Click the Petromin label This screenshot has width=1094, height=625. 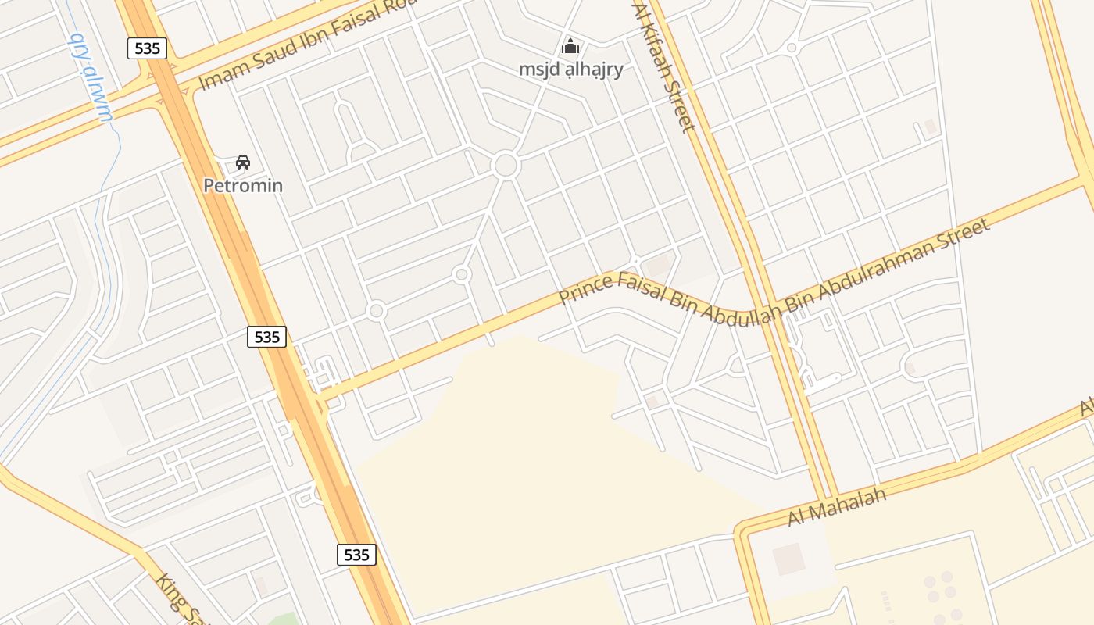click(243, 186)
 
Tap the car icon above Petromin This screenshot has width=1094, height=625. click(243, 162)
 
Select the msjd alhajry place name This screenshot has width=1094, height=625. click(571, 70)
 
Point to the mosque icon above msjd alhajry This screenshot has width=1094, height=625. click(571, 46)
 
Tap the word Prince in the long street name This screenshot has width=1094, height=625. click(587, 288)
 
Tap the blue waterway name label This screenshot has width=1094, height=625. click(91, 76)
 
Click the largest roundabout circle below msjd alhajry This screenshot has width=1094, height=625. click(506, 166)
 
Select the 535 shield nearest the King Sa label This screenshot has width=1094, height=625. click(356, 555)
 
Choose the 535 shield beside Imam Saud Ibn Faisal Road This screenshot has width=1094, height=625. click(147, 48)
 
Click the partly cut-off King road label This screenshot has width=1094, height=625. click(176, 598)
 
